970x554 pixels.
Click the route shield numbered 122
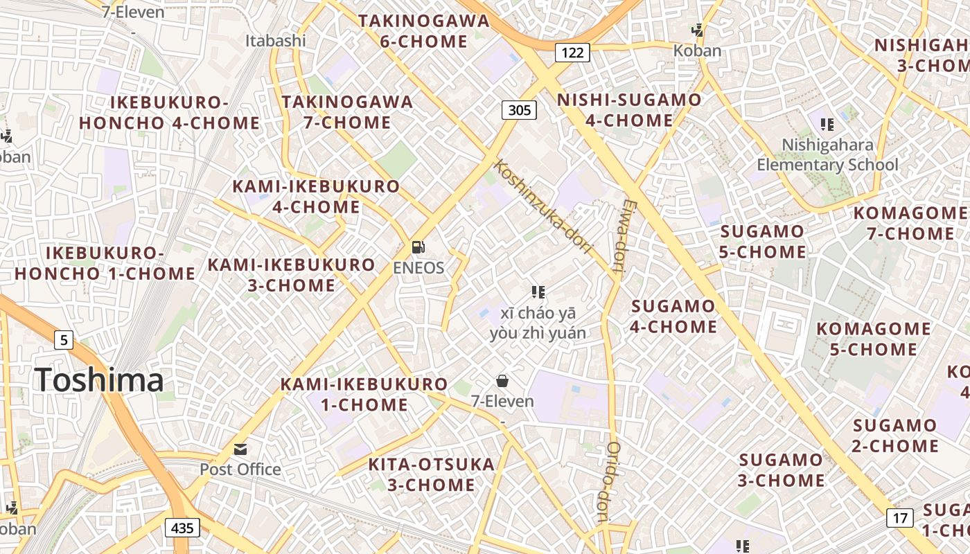tap(572, 52)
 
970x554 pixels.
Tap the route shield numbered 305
tap(519, 109)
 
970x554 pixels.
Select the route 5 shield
tap(64, 340)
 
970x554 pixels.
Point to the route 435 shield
tap(182, 528)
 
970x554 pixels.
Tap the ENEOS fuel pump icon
tap(418, 247)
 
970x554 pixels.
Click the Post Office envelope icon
tap(240, 449)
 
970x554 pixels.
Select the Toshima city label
tap(99, 379)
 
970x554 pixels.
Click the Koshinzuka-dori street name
tap(543, 206)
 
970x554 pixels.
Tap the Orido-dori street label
tap(607, 481)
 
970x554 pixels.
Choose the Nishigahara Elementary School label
tap(827, 154)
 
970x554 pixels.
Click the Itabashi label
tap(275, 41)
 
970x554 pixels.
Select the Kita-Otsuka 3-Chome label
tap(431, 474)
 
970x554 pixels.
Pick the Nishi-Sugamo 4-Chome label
tap(629, 110)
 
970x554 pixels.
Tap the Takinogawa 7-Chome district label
tap(347, 112)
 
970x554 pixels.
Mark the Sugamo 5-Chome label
tap(762, 241)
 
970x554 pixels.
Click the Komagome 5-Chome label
tap(874, 339)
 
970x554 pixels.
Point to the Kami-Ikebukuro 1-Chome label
tap(364, 394)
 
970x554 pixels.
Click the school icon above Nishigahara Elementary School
tap(827, 125)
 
